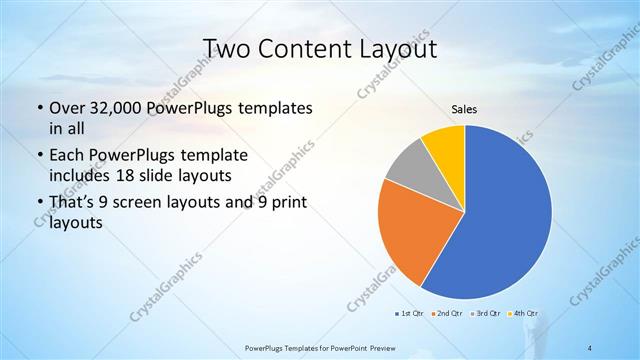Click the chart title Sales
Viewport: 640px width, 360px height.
pyautogui.click(x=465, y=109)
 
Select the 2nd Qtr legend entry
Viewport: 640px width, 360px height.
pyautogui.click(x=445, y=315)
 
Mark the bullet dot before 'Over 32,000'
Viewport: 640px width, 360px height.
pyautogui.click(x=38, y=108)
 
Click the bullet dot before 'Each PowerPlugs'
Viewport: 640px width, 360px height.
pyautogui.click(x=38, y=156)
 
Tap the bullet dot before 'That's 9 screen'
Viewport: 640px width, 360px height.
pyautogui.click(x=38, y=204)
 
